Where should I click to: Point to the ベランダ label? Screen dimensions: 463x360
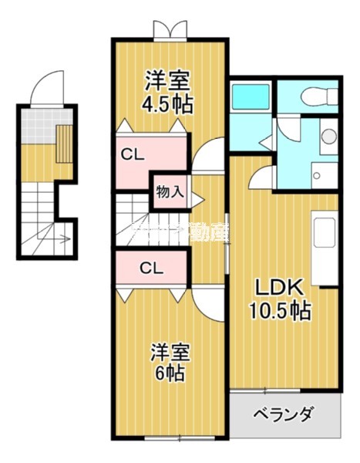[284, 415]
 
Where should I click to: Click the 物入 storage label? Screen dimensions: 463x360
[170, 191]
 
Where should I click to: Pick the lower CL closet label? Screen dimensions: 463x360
[150, 269]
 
